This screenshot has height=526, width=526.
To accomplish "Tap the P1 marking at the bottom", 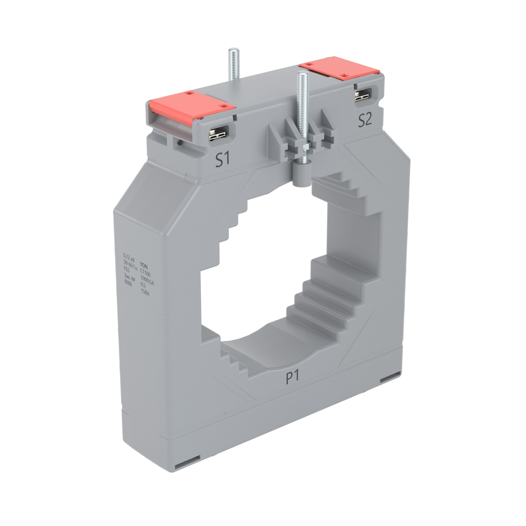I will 293,378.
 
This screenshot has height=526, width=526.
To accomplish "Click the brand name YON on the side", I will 144,265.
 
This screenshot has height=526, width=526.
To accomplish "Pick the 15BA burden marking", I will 145,292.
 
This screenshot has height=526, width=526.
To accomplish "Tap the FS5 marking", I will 127,269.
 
